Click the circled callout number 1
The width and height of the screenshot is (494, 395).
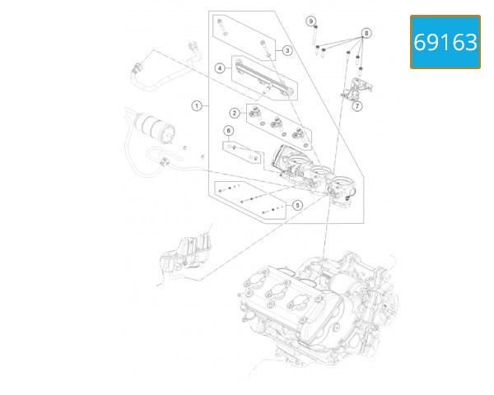coord(197,105)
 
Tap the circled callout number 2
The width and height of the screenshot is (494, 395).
coord(235,113)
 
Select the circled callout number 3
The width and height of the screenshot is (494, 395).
coord(287,50)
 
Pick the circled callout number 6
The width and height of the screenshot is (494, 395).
coord(229,130)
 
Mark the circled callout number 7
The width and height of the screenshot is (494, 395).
coord(357,105)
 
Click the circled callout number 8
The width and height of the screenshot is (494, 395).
coord(367,32)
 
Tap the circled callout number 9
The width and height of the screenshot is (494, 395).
coord(311,20)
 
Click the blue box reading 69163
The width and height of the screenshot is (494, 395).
coord(445,41)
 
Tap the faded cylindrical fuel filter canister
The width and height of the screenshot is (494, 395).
coord(154,125)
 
